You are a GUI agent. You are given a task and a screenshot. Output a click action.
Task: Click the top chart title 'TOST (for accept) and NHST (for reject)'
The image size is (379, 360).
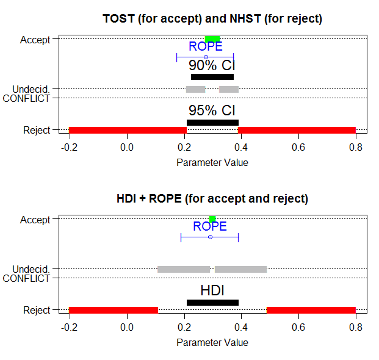pyautogui.click(x=212, y=18)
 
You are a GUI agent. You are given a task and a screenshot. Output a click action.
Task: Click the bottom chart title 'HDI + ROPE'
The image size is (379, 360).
pyautogui.click(x=212, y=198)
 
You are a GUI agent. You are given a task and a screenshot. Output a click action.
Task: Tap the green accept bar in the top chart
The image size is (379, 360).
pyautogui.click(x=212, y=40)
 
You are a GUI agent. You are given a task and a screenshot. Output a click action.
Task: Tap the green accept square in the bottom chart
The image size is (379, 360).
pyautogui.click(x=212, y=219)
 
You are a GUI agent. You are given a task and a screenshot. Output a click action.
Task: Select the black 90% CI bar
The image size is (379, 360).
pyautogui.click(x=212, y=77)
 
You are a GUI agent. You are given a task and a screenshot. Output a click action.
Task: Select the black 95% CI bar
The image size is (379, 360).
pyautogui.click(x=212, y=123)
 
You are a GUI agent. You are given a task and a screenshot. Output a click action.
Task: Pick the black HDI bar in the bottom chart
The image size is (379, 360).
pyautogui.click(x=212, y=303)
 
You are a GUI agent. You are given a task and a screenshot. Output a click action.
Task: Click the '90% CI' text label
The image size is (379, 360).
pyautogui.click(x=212, y=65)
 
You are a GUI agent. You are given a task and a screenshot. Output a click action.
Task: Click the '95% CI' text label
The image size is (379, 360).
pyautogui.click(x=212, y=110)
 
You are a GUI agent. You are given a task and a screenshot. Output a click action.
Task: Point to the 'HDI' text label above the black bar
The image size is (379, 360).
pyautogui.click(x=212, y=290)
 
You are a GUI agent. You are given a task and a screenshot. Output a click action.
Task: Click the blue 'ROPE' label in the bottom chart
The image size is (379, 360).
pyautogui.click(x=210, y=226)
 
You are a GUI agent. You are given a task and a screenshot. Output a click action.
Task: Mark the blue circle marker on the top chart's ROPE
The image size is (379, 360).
pyautogui.click(x=206, y=57)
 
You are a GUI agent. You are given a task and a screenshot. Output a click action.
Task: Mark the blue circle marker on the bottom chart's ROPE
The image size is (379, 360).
pyautogui.click(x=210, y=237)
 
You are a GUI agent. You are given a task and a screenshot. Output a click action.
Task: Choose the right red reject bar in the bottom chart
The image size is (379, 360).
pyautogui.click(x=311, y=310)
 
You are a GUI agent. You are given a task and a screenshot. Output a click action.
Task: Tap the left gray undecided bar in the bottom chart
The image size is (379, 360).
pyautogui.click(x=184, y=269)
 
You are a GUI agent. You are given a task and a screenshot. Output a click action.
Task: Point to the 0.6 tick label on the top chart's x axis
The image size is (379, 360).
pyautogui.click(x=298, y=147)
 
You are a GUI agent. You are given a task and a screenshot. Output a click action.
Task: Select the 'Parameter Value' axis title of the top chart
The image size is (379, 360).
pyautogui.click(x=212, y=162)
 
